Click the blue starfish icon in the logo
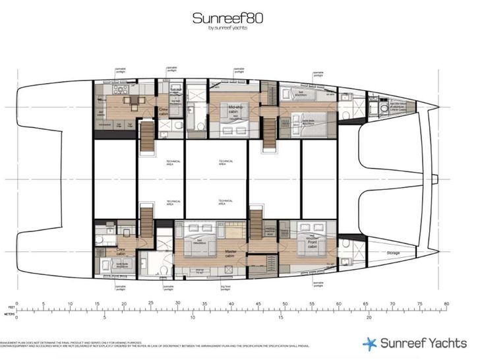pos(370,343)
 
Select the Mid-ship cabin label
pos(236,108)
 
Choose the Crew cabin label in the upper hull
pos(163,112)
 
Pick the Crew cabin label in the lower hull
pos(121,251)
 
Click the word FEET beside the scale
pos(9,307)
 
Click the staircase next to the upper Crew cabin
pos(146,138)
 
